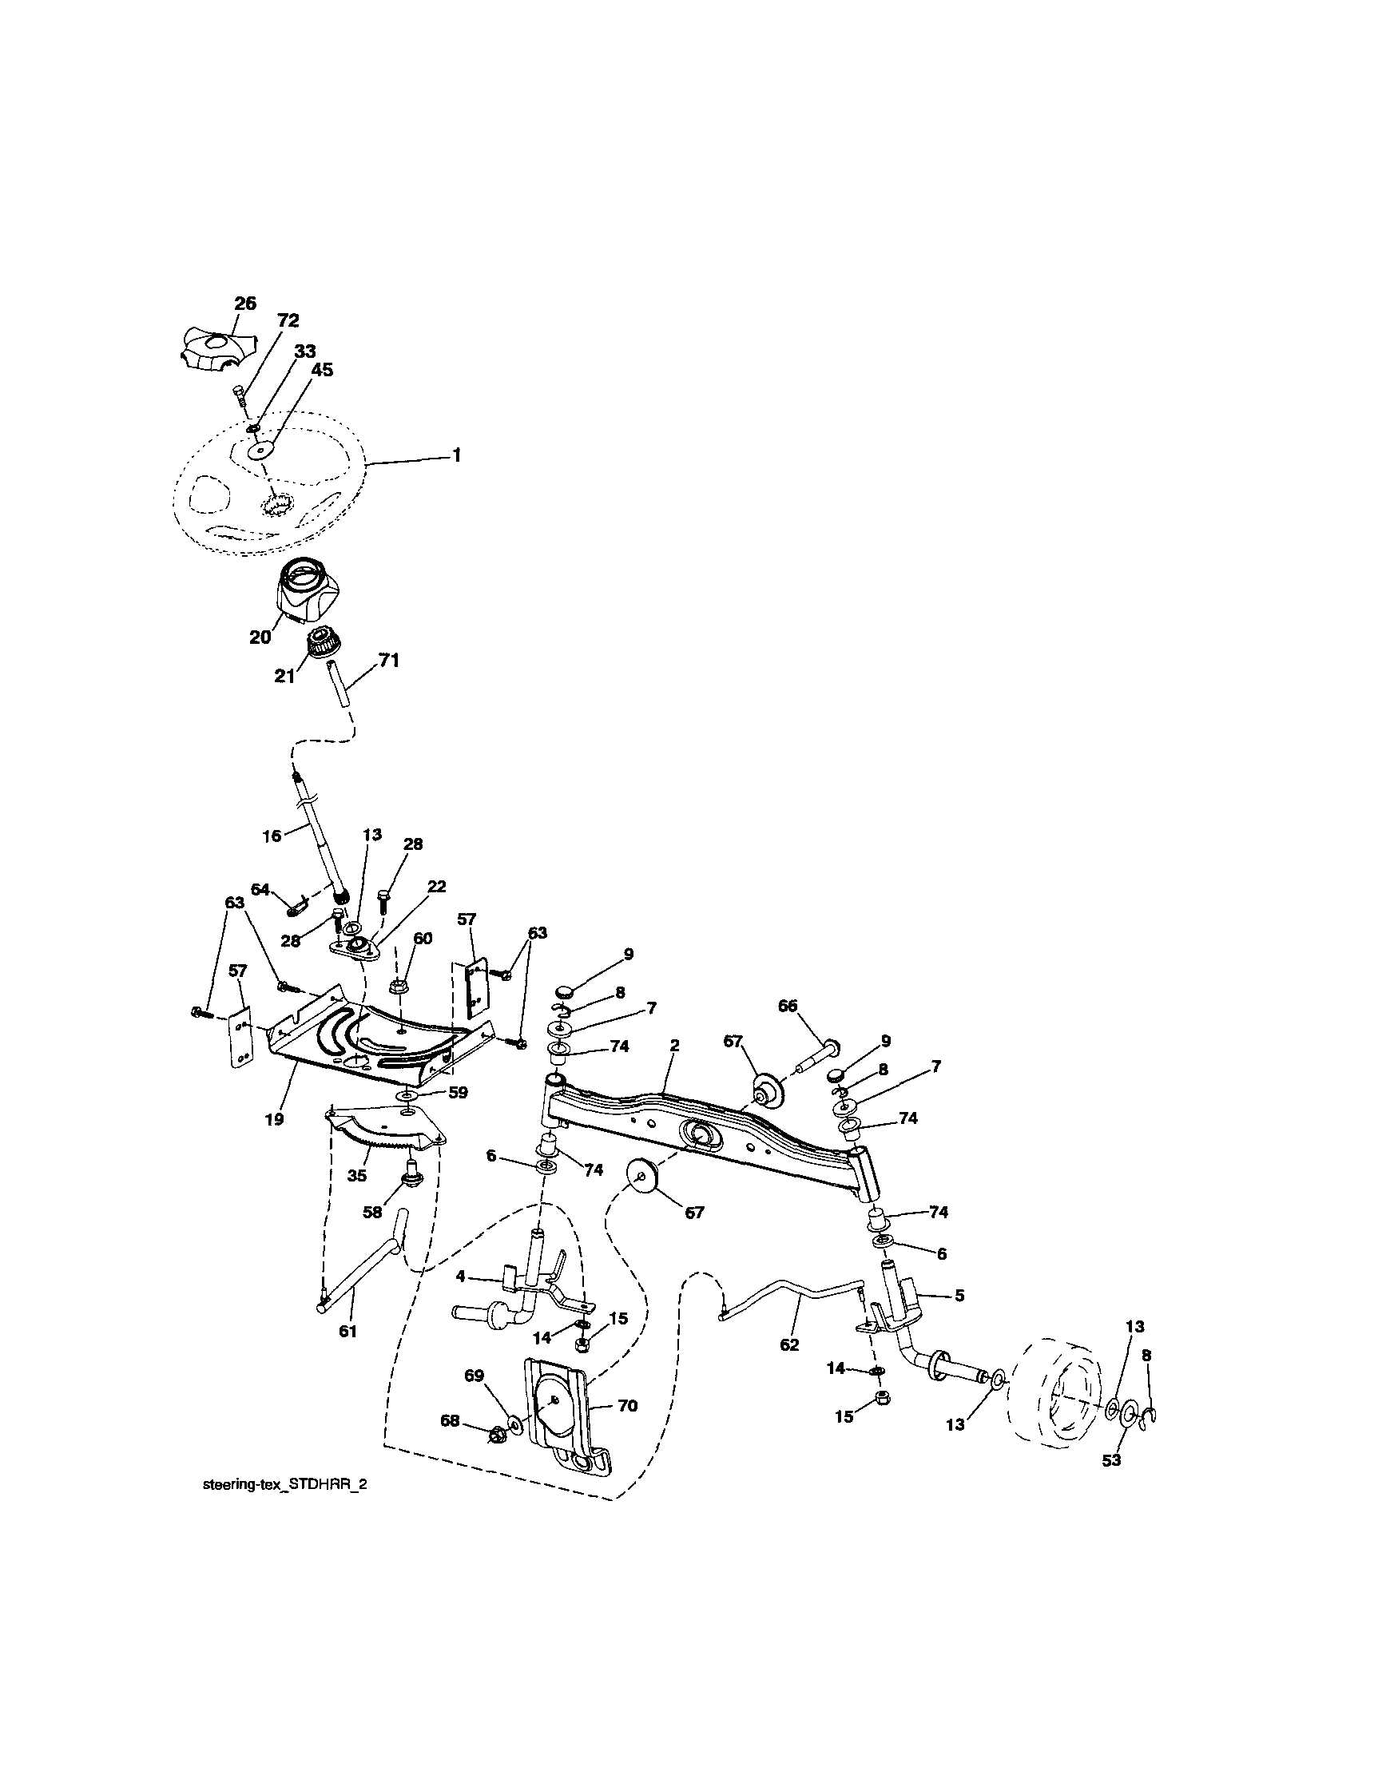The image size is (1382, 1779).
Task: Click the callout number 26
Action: pos(245,304)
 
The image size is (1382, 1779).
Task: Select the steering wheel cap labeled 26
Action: pos(214,347)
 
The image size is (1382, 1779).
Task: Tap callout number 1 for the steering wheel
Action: pos(457,456)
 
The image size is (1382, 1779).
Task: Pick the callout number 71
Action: pos(389,661)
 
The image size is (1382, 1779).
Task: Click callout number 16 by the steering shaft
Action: pos(272,836)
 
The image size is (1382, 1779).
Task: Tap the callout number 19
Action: pos(275,1120)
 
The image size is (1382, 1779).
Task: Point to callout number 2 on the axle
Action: pos(675,1044)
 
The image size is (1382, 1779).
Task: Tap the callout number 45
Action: pos(323,370)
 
